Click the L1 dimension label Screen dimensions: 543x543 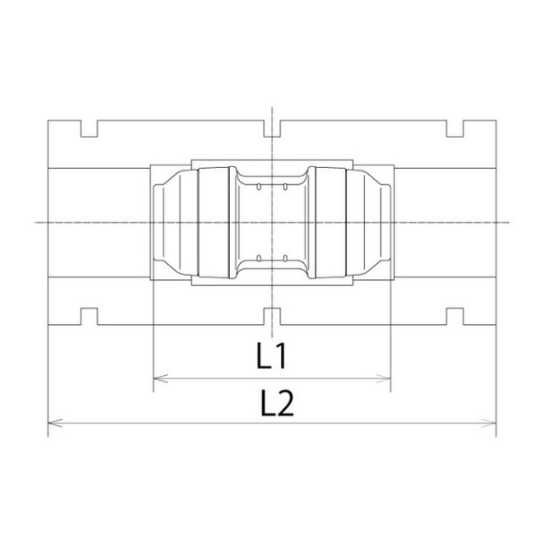click(271, 355)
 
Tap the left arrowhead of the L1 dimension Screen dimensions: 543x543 click(160, 378)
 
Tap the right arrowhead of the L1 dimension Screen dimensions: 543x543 click(383, 378)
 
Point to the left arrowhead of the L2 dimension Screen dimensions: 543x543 click(55, 423)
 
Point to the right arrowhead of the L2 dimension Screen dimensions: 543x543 click(489, 423)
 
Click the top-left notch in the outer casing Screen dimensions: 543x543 click(89, 128)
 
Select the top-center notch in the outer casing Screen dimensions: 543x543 click(272, 128)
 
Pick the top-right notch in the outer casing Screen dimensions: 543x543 click(455, 128)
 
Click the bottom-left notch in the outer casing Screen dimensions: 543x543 click(89, 316)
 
